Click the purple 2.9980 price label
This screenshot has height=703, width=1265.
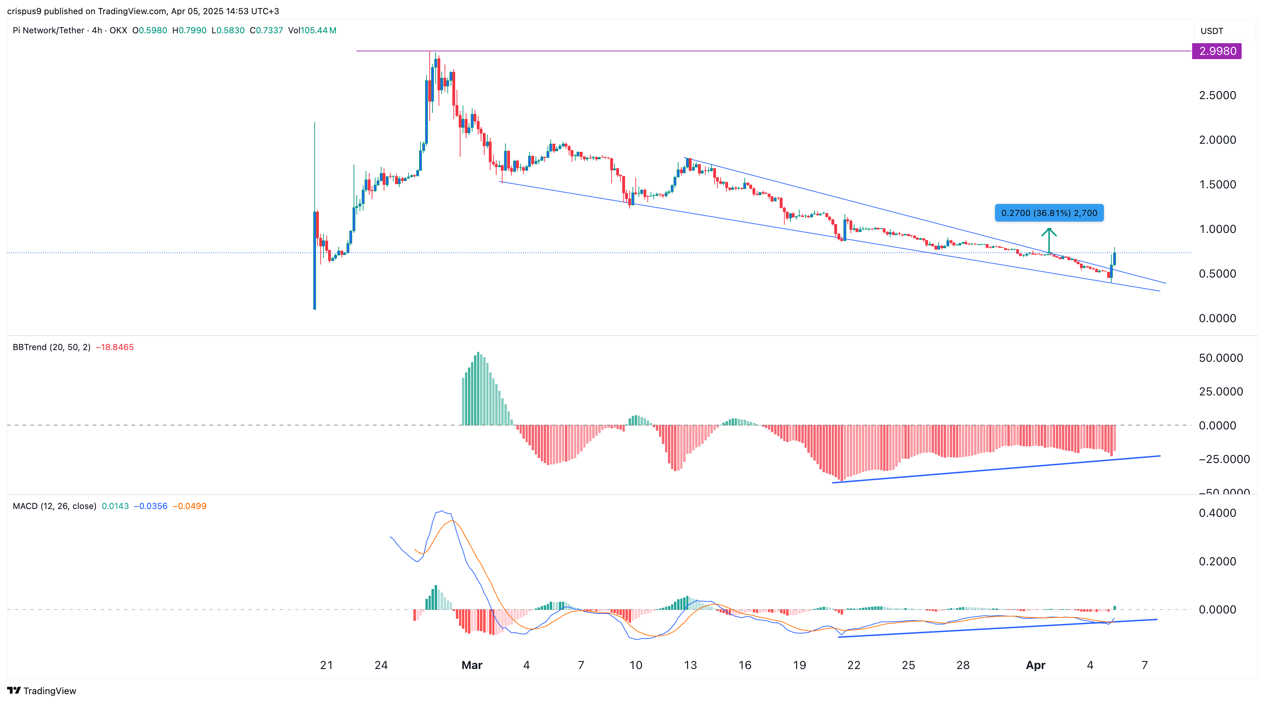coord(1217,51)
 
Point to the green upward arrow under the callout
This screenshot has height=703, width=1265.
coord(1049,239)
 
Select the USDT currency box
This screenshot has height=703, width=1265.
coord(1212,31)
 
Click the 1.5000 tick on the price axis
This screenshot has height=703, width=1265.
coord(1217,185)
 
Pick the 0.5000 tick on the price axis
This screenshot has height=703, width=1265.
coord(1217,274)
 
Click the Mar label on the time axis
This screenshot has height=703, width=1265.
coord(471,665)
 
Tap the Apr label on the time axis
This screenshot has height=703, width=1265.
coord(1035,665)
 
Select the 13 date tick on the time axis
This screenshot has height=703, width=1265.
coord(690,665)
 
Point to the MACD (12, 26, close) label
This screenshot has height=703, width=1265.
coord(54,506)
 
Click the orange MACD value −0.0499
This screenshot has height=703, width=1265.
coord(190,506)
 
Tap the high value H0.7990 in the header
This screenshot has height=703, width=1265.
coord(189,30)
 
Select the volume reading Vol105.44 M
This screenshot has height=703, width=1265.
coord(312,30)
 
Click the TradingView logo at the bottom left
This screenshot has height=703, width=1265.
coord(42,691)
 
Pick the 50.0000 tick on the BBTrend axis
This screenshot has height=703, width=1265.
coord(1220,358)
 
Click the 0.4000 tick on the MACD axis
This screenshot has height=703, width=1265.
coord(1217,513)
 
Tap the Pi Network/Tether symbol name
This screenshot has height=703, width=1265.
coord(48,30)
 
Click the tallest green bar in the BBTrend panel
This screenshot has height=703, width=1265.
coord(478,388)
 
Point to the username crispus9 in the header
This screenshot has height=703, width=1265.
coord(24,11)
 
